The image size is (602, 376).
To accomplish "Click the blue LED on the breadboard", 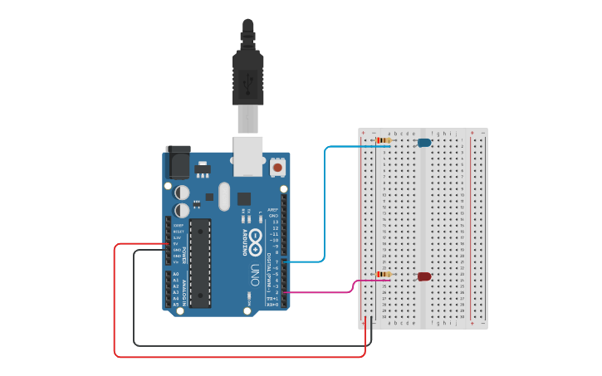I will click(424, 143).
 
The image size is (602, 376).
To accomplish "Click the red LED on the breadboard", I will click(423, 276).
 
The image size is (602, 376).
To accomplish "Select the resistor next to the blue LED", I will click(383, 141).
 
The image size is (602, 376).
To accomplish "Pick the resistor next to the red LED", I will click(384, 275).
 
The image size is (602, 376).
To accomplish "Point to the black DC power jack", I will click(178, 163).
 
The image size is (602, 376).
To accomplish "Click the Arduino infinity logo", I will click(255, 242).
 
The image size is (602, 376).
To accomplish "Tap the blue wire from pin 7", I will click(324, 208).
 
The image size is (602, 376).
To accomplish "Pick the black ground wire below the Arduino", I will click(249, 344).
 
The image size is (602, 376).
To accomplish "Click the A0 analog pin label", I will click(175, 273).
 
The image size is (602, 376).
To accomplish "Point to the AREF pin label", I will click(272, 209).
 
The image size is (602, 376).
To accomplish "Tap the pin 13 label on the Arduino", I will click(274, 222).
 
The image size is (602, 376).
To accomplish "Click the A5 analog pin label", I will click(175, 305).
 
